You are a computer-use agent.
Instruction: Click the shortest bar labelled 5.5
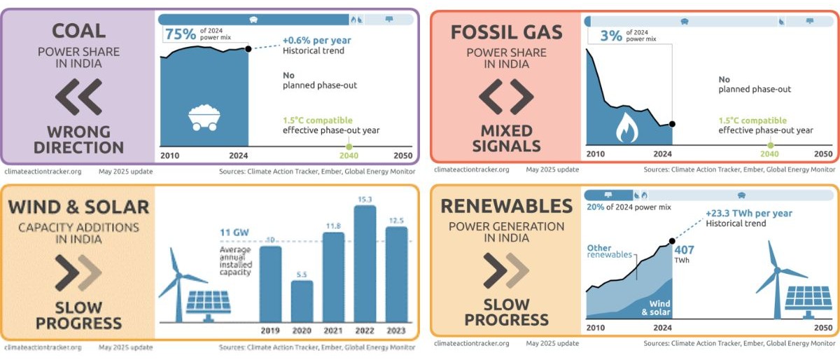tap(301, 301)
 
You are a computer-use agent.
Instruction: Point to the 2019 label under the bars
tap(270, 331)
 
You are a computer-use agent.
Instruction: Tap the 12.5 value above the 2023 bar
tap(396, 221)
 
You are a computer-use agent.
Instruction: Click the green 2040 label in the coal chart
tap(349, 155)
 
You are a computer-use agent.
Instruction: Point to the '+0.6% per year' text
tap(316, 41)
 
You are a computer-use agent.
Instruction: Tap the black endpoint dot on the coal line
tap(248, 48)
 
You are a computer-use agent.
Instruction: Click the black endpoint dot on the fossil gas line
tap(672, 124)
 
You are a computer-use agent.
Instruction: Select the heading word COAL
tap(78, 31)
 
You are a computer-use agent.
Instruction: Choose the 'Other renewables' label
tap(602, 251)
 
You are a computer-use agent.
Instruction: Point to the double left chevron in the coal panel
tap(78, 97)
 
